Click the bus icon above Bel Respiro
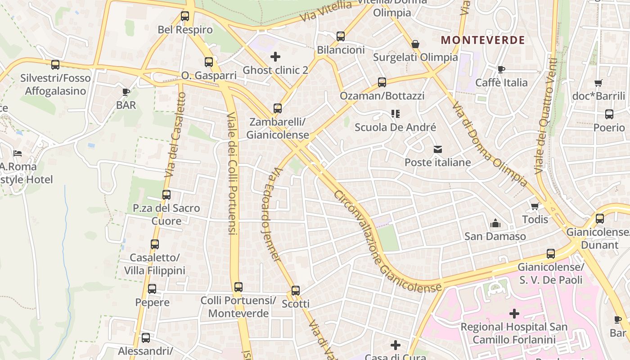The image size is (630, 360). click(185, 16)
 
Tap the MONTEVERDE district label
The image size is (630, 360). click(483, 40)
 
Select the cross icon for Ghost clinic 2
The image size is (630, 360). click(275, 57)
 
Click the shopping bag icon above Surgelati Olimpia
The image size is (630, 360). click(415, 44)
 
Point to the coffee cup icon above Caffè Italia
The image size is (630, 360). click(501, 69)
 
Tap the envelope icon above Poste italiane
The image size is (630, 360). click(438, 149)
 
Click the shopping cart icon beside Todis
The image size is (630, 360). click(535, 206)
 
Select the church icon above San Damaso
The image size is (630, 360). click(495, 223)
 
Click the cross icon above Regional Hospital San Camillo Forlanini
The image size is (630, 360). click(514, 314)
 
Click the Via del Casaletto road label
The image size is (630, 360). click(175, 135)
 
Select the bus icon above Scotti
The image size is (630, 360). click(296, 290)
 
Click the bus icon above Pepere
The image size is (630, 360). click(152, 289)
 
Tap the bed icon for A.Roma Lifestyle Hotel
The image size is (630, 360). click(17, 153)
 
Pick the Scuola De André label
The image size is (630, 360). click(395, 127)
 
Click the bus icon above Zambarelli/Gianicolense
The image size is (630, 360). click(278, 108)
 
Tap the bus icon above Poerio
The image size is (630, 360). click(609, 114)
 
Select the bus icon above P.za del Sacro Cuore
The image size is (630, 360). click(166, 195)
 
